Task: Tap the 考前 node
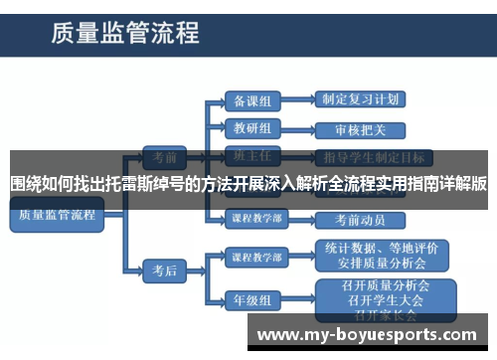[159, 158]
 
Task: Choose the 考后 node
[159, 270]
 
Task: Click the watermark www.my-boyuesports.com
[373, 335]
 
